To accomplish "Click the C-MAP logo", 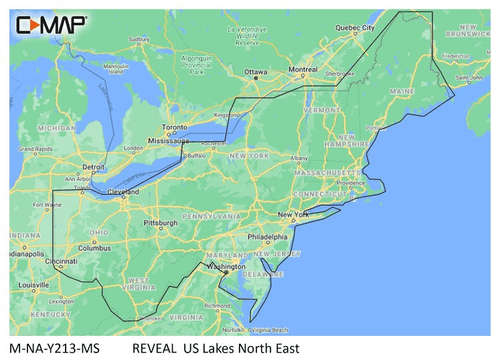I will (52, 25).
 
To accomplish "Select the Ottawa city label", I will (255, 72).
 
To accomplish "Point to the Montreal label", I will (303, 70).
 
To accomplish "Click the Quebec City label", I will (355, 28).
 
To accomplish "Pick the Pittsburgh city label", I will (161, 222).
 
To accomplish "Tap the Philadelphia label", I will (267, 237).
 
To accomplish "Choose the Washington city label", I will (226, 266).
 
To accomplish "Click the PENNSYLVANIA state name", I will (211, 217).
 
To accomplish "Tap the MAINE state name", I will (401, 90).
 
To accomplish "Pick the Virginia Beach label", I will (270, 330).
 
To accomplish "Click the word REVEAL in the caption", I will (153, 349).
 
